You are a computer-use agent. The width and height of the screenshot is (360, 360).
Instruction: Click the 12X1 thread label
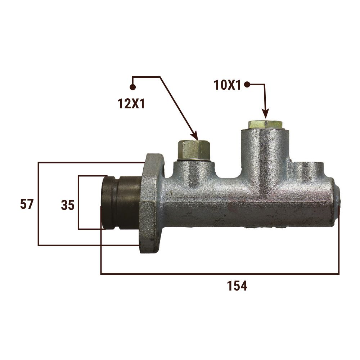pos(131,104)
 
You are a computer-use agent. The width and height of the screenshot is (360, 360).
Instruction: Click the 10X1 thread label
pos(227,85)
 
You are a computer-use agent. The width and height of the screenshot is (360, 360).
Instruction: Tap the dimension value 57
pos(27,204)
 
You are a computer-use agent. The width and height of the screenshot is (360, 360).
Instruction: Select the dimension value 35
pos(68,205)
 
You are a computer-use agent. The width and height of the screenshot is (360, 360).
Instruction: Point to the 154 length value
pos(237,286)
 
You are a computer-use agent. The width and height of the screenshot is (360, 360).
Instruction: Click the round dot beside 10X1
pos(247,85)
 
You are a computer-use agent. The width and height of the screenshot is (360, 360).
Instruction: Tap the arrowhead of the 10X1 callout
pos(265,114)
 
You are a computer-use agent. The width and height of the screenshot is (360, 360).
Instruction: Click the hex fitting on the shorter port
pos(194,150)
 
